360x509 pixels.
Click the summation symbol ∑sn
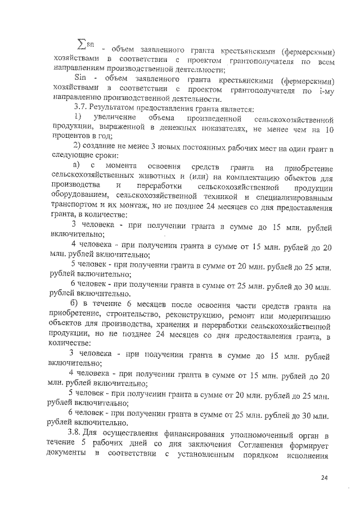click(85, 44)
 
